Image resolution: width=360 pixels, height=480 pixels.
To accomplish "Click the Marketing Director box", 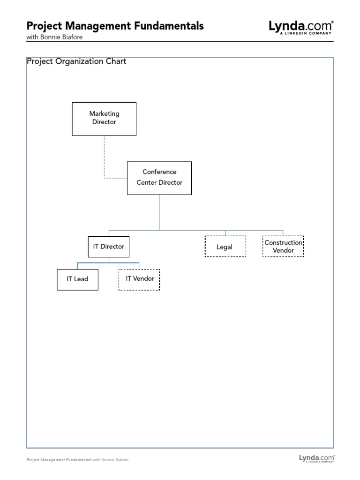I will click(104, 119).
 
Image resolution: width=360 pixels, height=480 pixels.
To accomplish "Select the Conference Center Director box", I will click(159, 178).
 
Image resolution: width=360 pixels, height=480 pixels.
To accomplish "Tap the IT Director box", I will click(108, 247).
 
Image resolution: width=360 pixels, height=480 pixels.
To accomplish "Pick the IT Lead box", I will click(77, 279).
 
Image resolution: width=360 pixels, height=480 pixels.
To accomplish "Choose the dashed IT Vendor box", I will click(139, 279).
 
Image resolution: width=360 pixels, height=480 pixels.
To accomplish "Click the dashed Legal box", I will click(225, 247).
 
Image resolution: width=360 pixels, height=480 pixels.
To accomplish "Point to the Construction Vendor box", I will click(283, 247).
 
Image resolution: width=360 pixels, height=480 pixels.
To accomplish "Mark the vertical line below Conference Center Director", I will click(159, 212).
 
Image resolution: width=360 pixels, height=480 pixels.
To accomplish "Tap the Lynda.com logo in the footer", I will click(316, 458).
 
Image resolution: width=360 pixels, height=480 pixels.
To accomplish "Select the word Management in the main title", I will click(97, 26).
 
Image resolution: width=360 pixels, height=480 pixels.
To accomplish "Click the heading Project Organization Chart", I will click(76, 61).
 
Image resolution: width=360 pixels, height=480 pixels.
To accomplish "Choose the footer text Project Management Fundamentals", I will click(59, 460).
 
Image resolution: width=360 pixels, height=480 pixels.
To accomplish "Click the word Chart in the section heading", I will click(116, 61).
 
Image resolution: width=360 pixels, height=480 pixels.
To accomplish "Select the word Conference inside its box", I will click(159, 172).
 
